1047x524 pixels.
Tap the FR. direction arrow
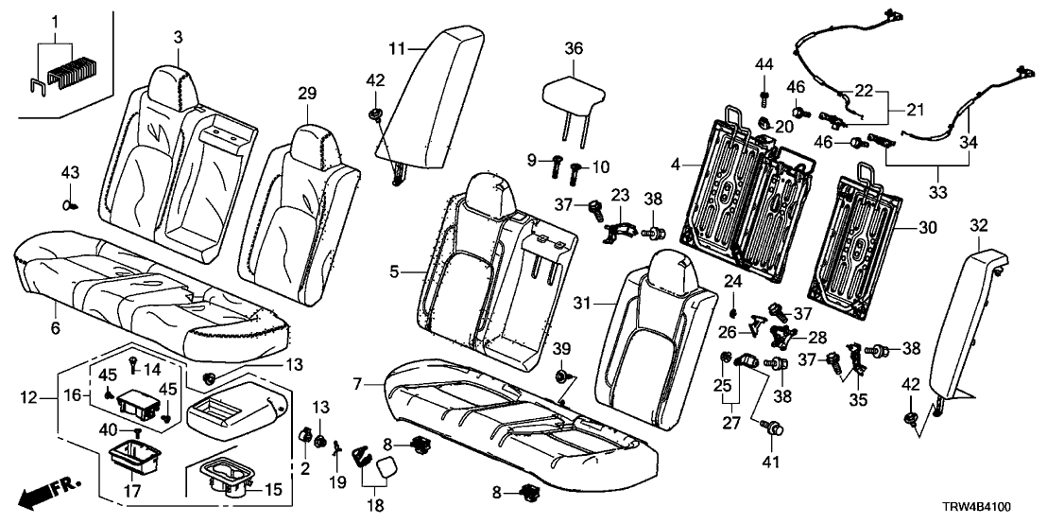point(48,493)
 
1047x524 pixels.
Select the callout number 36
point(573,48)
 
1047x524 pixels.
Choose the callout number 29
point(306,93)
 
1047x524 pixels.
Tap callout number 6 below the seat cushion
point(55,328)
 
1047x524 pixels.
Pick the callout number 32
point(978,225)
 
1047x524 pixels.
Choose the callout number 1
point(54,21)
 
